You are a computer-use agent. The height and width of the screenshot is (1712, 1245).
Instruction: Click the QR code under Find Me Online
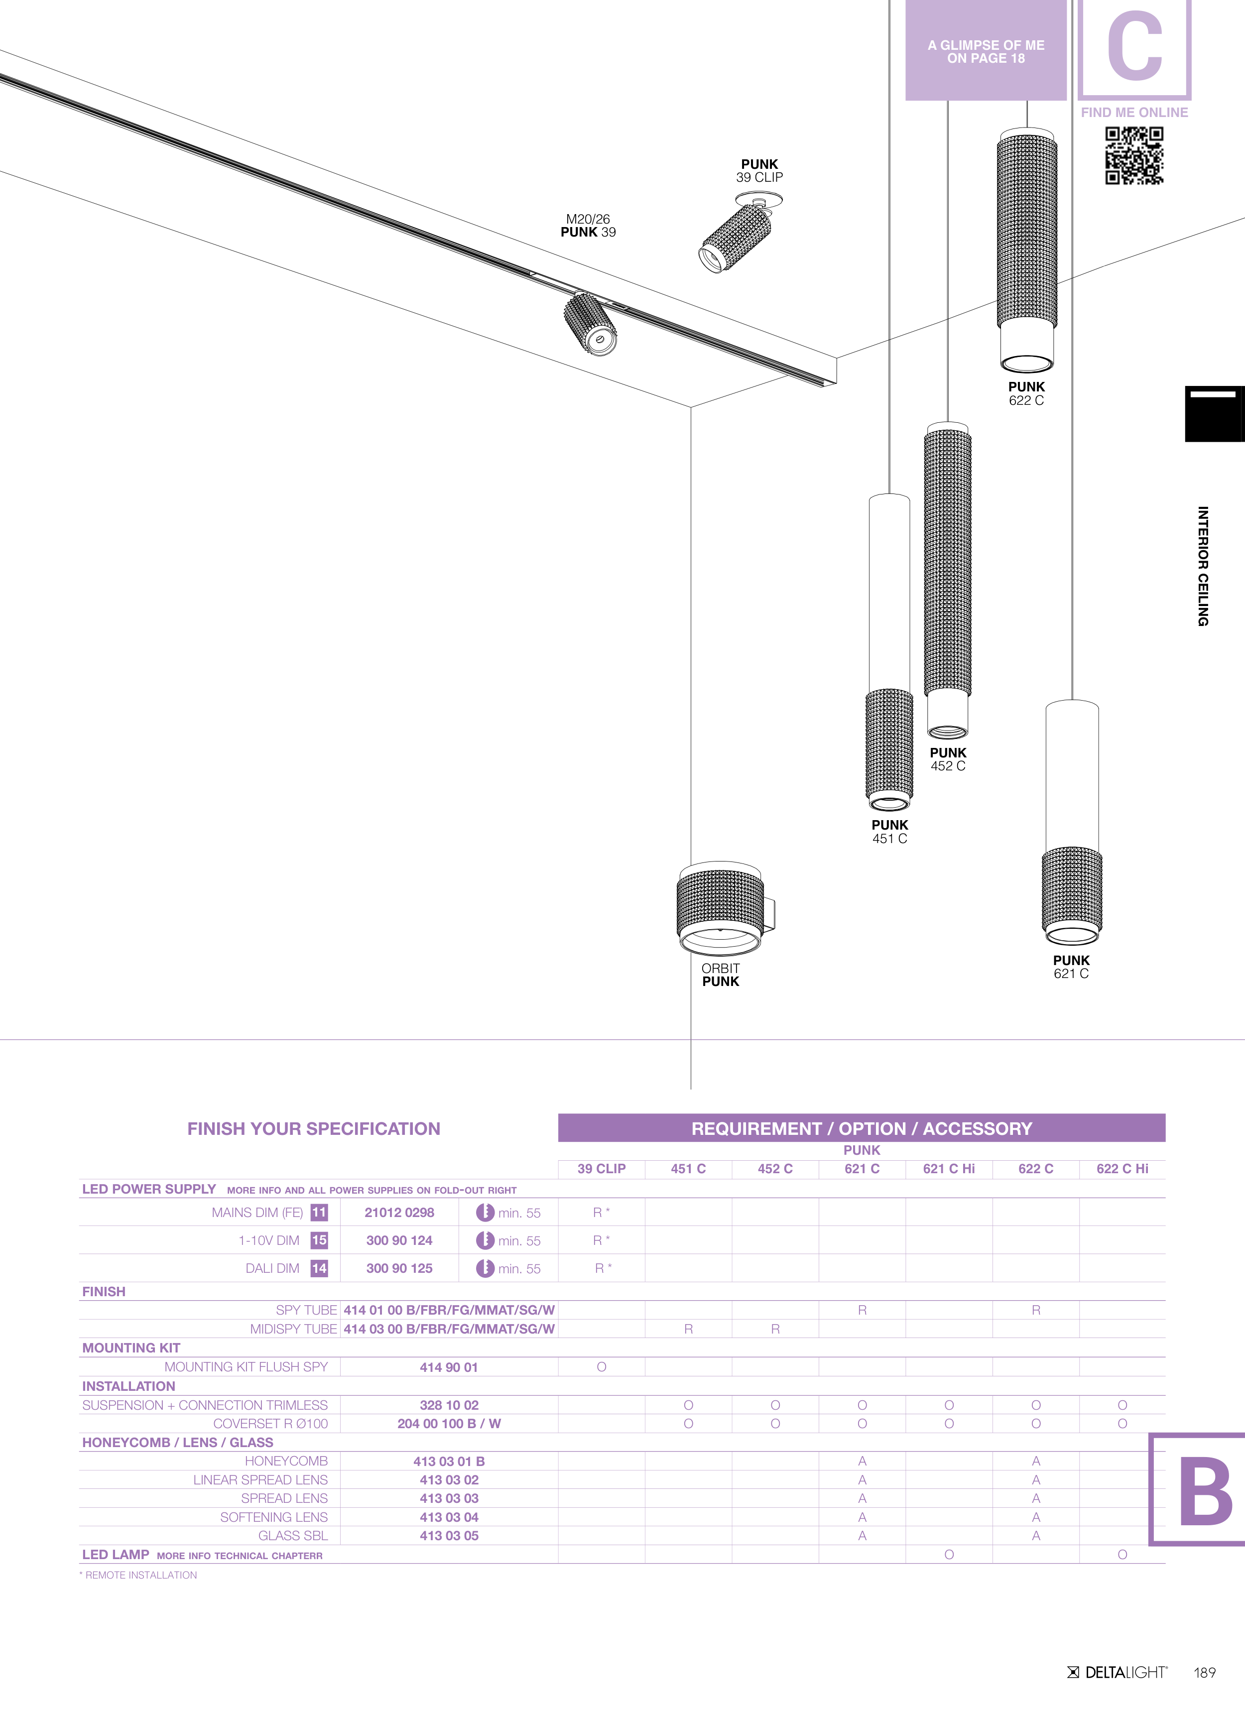point(1134,155)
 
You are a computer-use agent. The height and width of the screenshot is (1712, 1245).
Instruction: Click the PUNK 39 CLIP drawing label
point(759,171)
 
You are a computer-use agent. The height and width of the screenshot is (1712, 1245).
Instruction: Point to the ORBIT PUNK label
point(720,975)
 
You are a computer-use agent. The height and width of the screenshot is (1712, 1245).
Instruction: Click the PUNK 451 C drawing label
point(889,832)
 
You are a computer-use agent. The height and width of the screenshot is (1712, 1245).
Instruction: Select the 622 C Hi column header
point(1122,1169)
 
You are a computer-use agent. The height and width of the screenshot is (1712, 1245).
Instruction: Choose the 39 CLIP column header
point(601,1169)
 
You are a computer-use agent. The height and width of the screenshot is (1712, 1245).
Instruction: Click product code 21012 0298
point(399,1212)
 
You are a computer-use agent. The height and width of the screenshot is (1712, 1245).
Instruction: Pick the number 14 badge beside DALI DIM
point(319,1268)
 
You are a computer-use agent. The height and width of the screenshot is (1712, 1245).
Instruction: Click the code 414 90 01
point(449,1367)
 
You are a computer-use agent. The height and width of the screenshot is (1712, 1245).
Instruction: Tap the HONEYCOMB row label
point(286,1462)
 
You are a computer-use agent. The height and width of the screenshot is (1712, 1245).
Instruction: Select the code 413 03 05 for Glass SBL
point(449,1535)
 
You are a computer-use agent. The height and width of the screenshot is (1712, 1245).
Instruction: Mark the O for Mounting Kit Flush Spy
point(602,1367)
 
